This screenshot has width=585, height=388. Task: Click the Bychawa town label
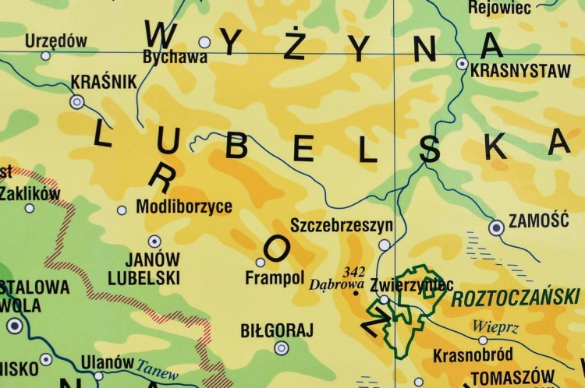tap(175, 57)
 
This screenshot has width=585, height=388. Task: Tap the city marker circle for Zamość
tap(496, 228)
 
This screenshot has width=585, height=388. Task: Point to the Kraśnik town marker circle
tap(77, 101)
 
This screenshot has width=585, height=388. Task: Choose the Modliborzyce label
tap(183, 207)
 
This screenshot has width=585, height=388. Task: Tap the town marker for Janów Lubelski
tap(154, 242)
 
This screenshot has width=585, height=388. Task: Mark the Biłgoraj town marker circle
tap(281, 348)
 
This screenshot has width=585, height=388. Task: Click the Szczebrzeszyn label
tap(341, 226)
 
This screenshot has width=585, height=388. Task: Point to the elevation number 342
tap(355, 271)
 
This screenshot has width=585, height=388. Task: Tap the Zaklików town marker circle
tap(30, 208)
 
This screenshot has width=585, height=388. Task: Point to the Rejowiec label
tap(499, 8)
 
